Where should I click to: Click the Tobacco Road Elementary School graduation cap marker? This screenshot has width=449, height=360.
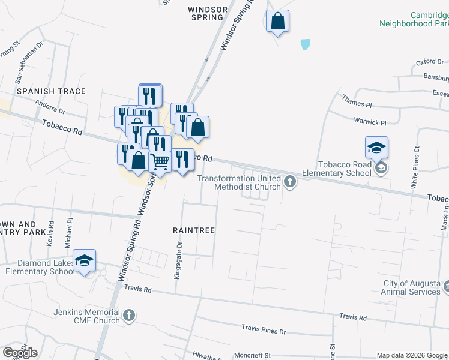(376, 148)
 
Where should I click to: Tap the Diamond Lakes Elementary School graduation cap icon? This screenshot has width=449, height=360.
(85, 260)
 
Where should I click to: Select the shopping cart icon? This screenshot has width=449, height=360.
(160, 161)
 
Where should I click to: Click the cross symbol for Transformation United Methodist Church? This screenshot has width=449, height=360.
(291, 181)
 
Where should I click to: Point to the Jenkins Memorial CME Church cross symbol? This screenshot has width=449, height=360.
(129, 315)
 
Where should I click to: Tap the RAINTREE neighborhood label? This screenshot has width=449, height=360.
(194, 230)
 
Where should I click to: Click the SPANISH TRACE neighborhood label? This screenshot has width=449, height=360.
(51, 91)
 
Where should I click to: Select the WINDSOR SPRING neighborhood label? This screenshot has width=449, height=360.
(208, 14)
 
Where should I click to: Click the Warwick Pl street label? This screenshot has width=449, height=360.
(370, 122)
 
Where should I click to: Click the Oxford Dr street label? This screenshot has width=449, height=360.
(430, 62)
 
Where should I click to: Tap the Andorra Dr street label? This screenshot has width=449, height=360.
(49, 110)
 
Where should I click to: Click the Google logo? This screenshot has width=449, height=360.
(20, 353)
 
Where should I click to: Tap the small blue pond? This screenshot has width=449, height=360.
(305, 44)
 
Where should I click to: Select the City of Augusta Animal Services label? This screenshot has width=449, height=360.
(412, 287)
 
